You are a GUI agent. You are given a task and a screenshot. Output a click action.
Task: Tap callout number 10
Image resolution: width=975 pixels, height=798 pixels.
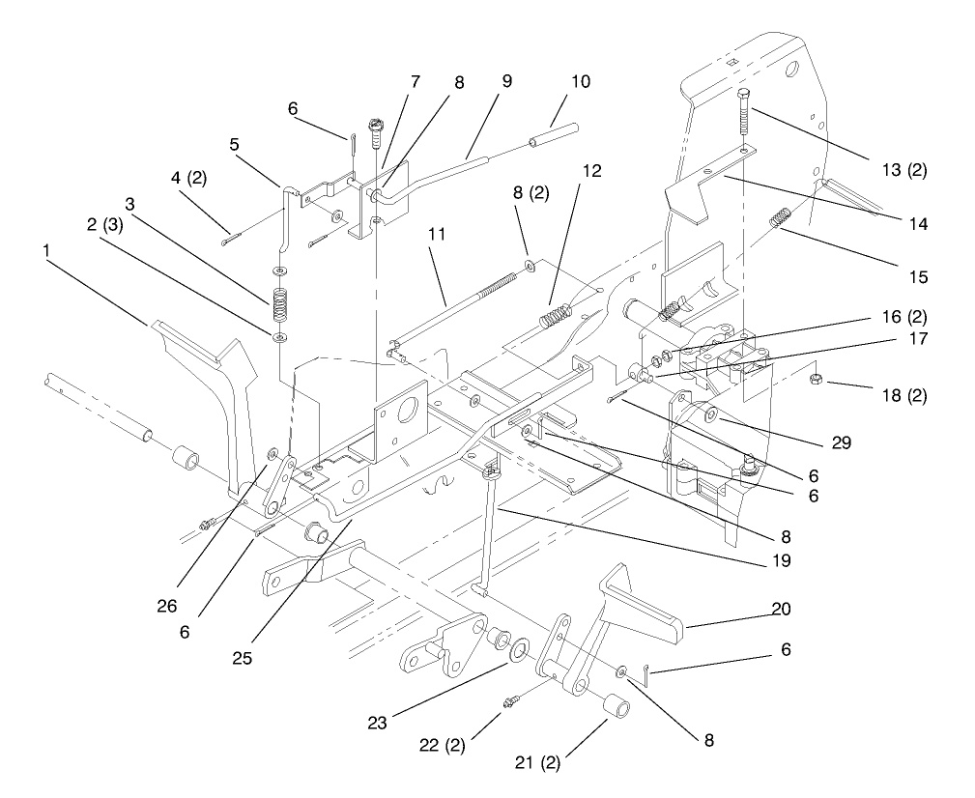(580, 82)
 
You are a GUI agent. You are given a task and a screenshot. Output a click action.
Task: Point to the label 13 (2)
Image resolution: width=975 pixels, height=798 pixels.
(905, 170)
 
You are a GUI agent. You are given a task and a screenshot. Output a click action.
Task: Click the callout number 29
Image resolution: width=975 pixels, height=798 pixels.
(841, 443)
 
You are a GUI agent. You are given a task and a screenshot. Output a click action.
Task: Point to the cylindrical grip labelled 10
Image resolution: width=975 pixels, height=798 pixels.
(555, 134)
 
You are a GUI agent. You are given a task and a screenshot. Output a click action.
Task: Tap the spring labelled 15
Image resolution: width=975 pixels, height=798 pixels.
(781, 219)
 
